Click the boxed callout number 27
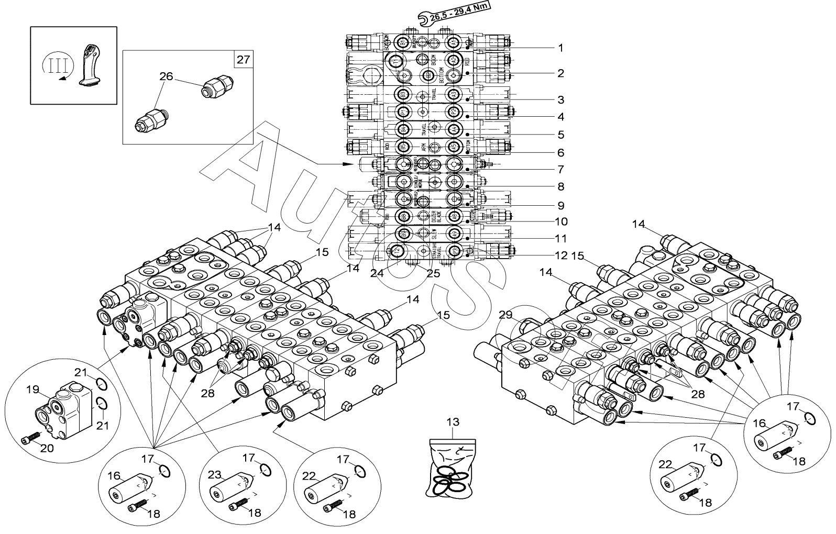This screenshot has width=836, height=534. (x=243, y=59)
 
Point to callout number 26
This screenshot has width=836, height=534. (x=166, y=77)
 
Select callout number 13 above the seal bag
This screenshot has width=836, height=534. (x=453, y=422)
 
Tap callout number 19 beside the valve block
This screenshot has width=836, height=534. (x=32, y=390)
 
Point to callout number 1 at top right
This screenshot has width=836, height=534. (x=560, y=48)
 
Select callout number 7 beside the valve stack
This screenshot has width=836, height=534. (x=560, y=170)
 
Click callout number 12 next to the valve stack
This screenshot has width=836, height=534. (x=561, y=255)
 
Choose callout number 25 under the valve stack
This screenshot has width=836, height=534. (x=432, y=272)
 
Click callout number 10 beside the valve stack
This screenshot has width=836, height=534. (x=561, y=221)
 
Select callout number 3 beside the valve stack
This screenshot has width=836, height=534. (x=560, y=99)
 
